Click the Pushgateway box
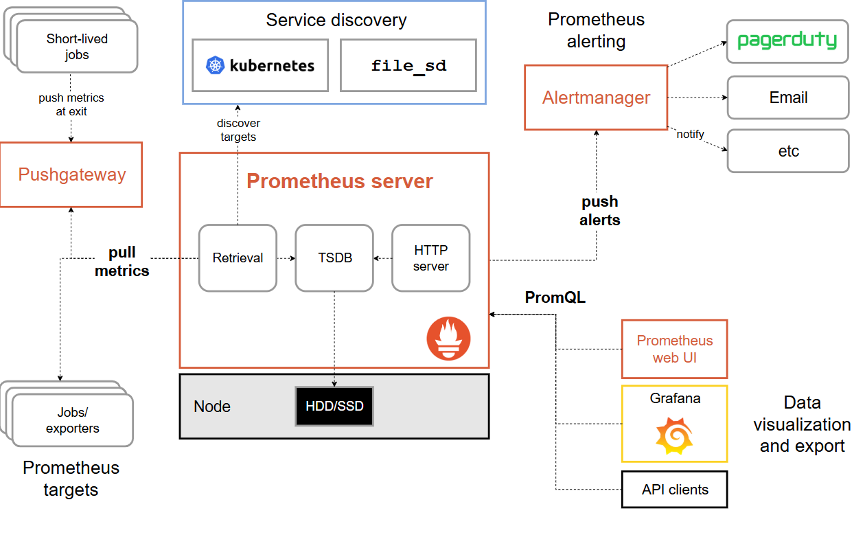71,174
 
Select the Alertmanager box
596,98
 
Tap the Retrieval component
238,258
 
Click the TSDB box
334,258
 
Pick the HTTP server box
431,258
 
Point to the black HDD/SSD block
334,406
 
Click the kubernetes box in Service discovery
260,65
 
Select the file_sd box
408,65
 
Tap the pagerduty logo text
787,41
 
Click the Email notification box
788,98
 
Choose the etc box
788,151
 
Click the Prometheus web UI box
674,349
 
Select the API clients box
674,490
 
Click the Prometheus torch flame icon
449,339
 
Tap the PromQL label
555,297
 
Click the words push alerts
600,211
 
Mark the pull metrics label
122,262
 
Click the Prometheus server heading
340,181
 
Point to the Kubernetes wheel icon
216,66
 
